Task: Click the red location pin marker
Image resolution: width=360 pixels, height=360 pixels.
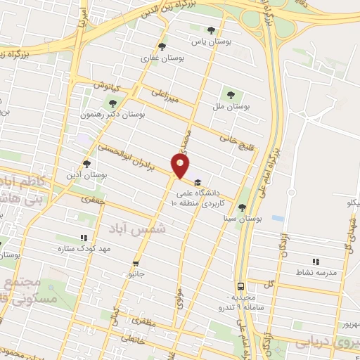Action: pyautogui.click(x=181, y=165)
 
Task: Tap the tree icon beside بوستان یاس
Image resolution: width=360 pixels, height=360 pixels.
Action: pyautogui.click(x=211, y=30)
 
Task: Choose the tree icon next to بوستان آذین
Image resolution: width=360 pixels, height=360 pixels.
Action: pyautogui.click(x=87, y=163)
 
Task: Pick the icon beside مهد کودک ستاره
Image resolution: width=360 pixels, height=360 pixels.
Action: pyautogui.click(x=84, y=238)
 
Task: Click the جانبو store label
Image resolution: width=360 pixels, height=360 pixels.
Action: pyautogui.click(x=136, y=276)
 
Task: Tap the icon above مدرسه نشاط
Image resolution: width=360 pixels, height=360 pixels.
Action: pyautogui.click(x=315, y=261)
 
